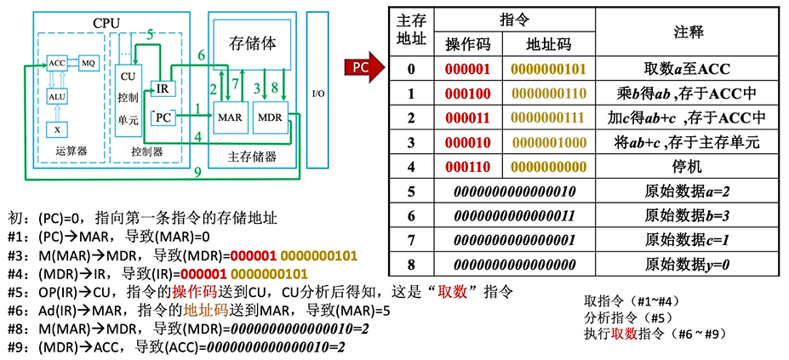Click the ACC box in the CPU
pyautogui.click(x=57, y=63)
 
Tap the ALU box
pyautogui.click(x=57, y=97)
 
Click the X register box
pyautogui.click(x=57, y=129)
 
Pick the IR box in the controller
pyautogui.click(x=163, y=88)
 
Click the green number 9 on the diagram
pyautogui.click(x=197, y=173)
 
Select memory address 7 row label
pyautogui.click(x=411, y=239)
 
